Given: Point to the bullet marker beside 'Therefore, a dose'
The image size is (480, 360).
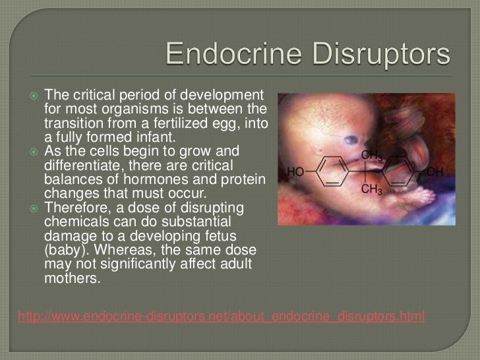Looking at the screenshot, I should (x=32, y=209).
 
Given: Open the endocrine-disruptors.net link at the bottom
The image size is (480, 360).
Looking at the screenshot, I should (x=222, y=316).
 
